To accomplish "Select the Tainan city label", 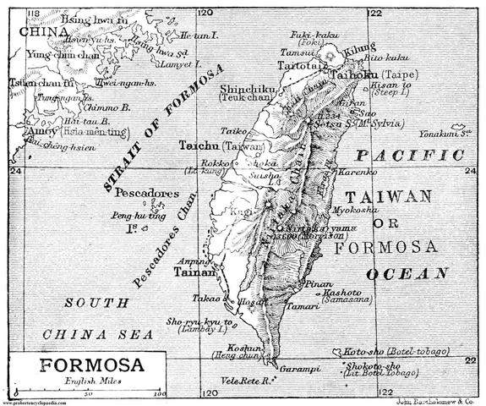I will pyautogui.click(x=191, y=273).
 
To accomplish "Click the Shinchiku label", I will pyautogui.click(x=247, y=88).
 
